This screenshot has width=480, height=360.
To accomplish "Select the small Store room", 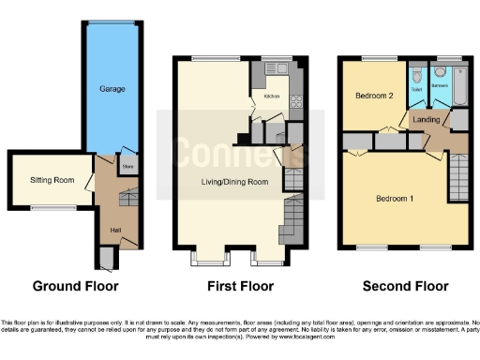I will click(127, 168).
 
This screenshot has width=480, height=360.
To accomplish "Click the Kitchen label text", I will click(272, 97).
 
